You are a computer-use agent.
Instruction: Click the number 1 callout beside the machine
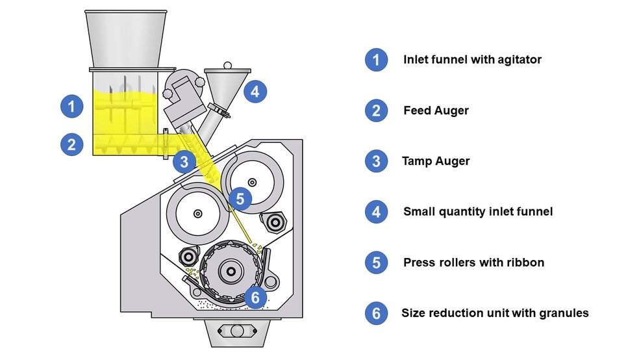(71, 106)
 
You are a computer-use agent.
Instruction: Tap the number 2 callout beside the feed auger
(71, 144)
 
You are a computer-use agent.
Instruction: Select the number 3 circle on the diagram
(184, 162)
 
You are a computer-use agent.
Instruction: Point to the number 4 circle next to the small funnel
(255, 92)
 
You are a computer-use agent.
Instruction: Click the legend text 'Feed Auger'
(436, 110)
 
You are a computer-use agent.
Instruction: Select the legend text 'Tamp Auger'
(436, 161)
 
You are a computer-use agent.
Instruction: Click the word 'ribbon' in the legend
(525, 263)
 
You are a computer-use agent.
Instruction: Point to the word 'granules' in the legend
(563, 313)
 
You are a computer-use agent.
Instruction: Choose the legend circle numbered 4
(376, 212)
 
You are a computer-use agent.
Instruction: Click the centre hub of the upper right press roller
(252, 181)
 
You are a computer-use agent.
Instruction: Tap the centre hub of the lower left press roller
(197, 212)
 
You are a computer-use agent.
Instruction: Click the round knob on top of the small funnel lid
(227, 65)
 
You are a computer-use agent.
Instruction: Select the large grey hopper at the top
(125, 39)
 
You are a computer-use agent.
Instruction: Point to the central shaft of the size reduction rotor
(231, 272)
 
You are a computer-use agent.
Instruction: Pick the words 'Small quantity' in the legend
(441, 212)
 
